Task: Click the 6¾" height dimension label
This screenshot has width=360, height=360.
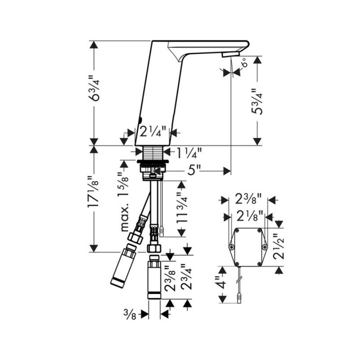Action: pos(94,87)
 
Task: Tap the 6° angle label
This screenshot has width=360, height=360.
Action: pos(245,62)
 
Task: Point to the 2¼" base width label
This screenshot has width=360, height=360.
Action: pos(153,132)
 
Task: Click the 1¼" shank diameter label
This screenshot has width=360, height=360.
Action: pos(189,153)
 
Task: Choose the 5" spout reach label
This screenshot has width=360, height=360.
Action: pos(194,171)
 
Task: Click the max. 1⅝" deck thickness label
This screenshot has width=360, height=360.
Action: pos(125,201)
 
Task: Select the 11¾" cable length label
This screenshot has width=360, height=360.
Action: pos(182,208)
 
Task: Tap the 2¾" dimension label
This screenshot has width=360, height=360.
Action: pos(186,276)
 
